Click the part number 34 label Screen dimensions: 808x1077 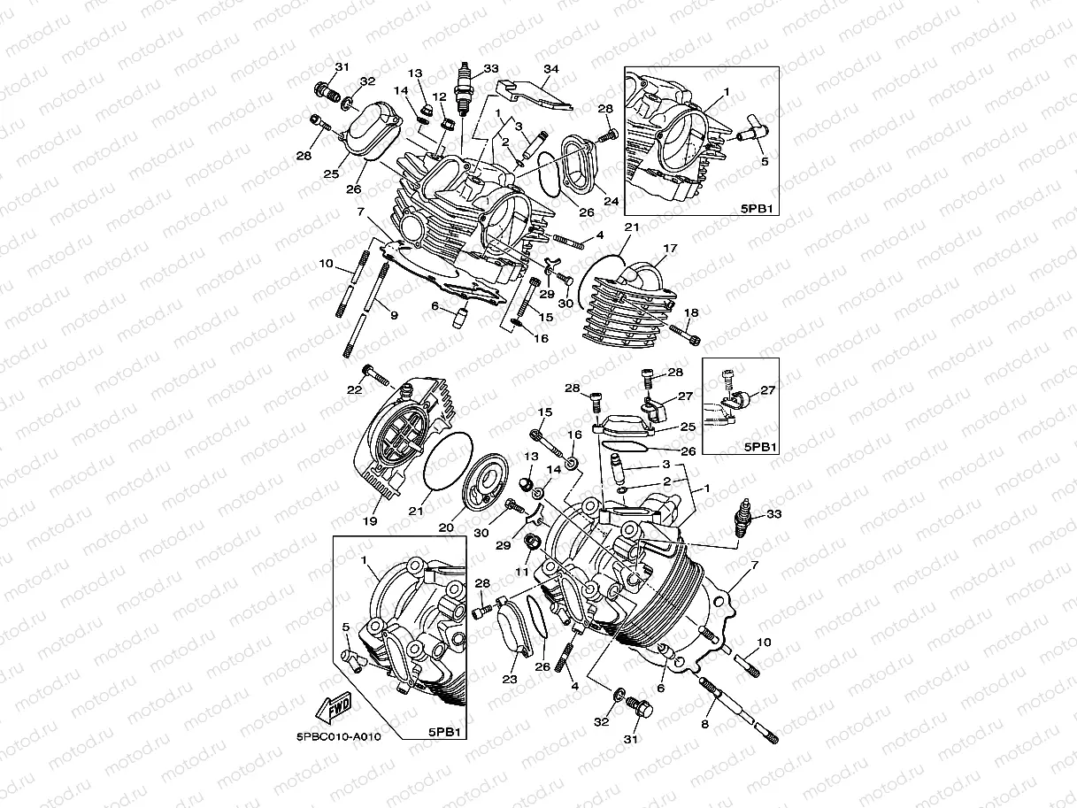click(551, 69)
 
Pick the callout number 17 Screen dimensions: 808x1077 click(670, 249)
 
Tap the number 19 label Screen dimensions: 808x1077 click(370, 521)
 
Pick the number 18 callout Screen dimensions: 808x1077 click(691, 312)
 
